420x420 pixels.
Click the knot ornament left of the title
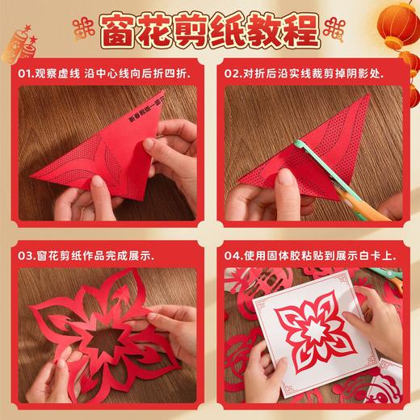tap(81, 31)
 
